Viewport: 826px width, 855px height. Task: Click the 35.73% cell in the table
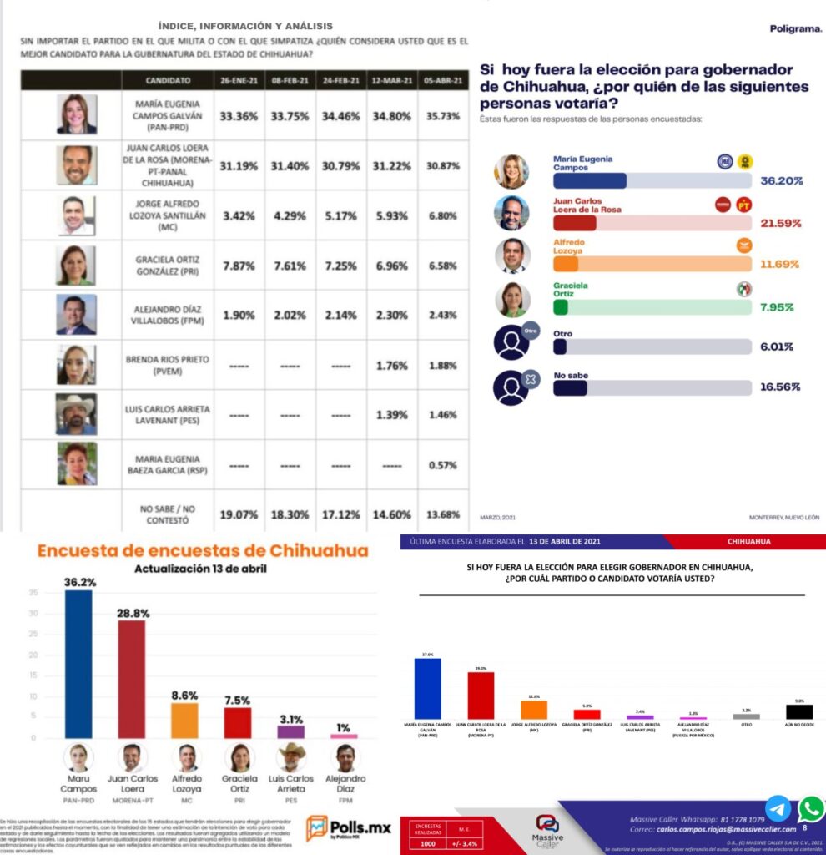442,116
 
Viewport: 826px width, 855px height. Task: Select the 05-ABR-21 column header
442,81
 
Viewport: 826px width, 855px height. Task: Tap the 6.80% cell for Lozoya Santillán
442,215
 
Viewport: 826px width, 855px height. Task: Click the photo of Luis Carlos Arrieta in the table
76,414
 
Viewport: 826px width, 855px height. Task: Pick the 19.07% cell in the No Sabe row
239,514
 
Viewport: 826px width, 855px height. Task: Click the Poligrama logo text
795,28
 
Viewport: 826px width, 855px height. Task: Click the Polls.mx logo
337,827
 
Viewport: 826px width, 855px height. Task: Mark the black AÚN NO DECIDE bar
799,711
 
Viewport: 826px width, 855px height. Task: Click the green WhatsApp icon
811,808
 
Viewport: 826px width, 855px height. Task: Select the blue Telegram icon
778,808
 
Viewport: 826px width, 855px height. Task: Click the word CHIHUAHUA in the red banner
748,541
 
